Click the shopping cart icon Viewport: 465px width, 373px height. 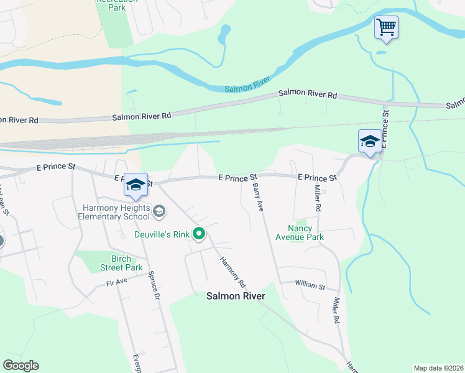pos(386,27)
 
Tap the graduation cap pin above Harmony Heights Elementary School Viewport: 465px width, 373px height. pos(136,185)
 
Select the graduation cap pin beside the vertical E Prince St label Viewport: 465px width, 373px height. pos(370,141)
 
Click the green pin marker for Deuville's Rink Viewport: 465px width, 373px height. pos(199,234)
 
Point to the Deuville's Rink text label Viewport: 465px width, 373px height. pos(163,234)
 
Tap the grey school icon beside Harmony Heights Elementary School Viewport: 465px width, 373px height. pos(159,212)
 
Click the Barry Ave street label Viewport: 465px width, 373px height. pos(257,197)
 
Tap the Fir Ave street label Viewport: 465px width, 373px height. pos(116,281)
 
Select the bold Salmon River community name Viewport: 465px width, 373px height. pos(236,297)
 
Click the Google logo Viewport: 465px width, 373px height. pos(21,366)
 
